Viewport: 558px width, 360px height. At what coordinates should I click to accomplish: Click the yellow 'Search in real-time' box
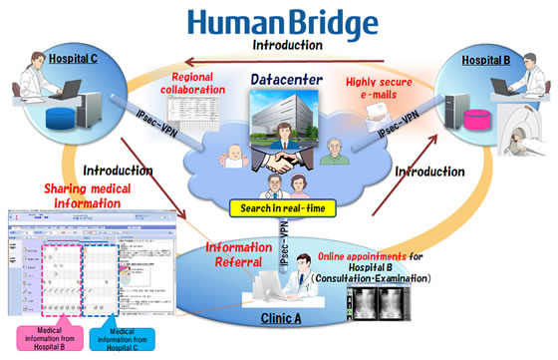point(280,208)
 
